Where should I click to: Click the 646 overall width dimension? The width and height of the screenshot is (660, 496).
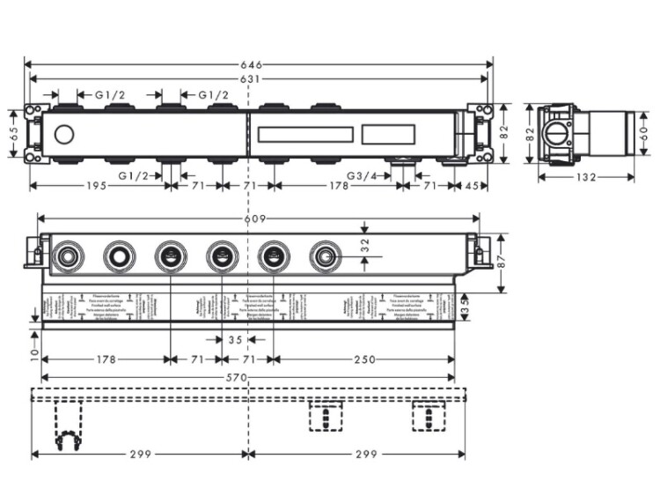(x=258, y=63)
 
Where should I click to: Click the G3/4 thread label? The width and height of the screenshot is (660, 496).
(x=362, y=176)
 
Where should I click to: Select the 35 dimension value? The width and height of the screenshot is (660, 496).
(x=234, y=338)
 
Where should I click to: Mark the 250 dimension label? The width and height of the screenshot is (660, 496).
(x=364, y=359)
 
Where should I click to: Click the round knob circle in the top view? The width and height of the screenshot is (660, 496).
(x=63, y=136)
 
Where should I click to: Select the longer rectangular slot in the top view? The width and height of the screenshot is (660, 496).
(x=304, y=136)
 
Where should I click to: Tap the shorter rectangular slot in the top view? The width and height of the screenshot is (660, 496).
(x=386, y=136)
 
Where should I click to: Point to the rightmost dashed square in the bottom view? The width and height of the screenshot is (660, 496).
(x=427, y=416)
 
